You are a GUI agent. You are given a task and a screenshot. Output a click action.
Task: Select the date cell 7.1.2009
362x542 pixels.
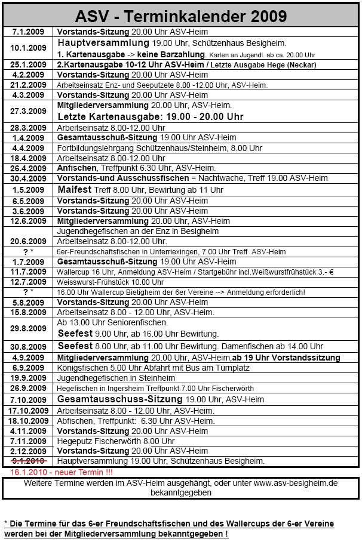click(x=29, y=31)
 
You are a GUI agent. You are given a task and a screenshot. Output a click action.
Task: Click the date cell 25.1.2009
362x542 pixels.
click(x=29, y=64)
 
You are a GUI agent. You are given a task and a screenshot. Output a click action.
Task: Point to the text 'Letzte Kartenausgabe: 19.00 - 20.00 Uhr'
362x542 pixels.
click(x=150, y=117)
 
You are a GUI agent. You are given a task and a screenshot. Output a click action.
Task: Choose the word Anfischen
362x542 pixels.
click(x=77, y=168)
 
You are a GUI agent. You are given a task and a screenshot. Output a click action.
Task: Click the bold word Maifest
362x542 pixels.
click(x=75, y=190)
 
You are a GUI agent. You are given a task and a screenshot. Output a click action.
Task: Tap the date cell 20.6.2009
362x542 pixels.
click(x=29, y=242)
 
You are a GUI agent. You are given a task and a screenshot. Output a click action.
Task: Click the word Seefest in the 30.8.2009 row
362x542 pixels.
click(x=75, y=346)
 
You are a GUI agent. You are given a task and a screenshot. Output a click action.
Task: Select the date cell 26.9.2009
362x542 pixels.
click(x=29, y=389)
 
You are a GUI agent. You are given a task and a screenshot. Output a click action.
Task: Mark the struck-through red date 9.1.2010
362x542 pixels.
click(x=29, y=461)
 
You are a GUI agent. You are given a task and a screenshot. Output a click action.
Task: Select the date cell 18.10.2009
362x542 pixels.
click(x=29, y=421)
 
